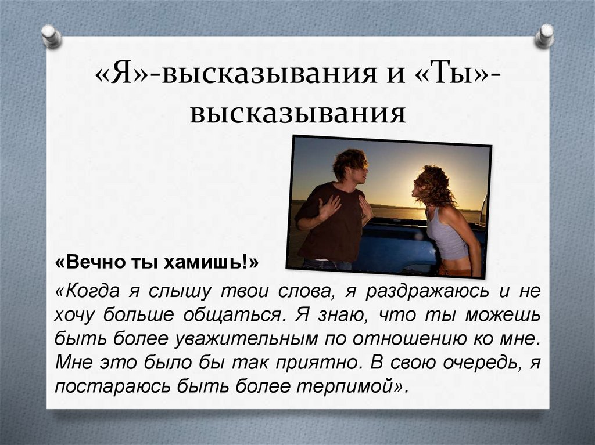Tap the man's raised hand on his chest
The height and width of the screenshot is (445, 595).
click(329, 206)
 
